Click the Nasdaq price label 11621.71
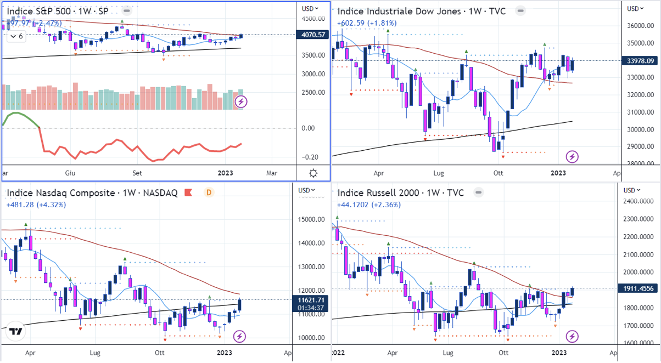click(x=311, y=300)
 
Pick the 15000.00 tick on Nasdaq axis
click(x=311, y=219)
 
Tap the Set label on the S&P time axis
click(x=137, y=173)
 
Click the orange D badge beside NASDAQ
click(x=209, y=192)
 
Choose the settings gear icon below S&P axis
click(x=313, y=173)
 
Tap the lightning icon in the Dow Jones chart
click(x=572, y=157)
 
